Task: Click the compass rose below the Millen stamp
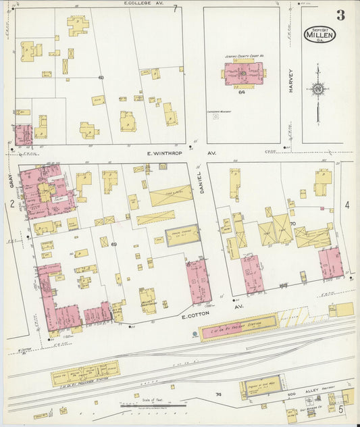tap(317, 88)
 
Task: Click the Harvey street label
tap(292, 82)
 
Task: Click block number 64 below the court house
tap(240, 93)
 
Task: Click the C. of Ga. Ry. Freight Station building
tap(238, 327)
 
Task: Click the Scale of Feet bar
tap(151, 405)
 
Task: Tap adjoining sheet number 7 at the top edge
tap(175, 9)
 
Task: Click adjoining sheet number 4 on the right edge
tap(347, 205)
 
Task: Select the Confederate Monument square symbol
tap(215, 116)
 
